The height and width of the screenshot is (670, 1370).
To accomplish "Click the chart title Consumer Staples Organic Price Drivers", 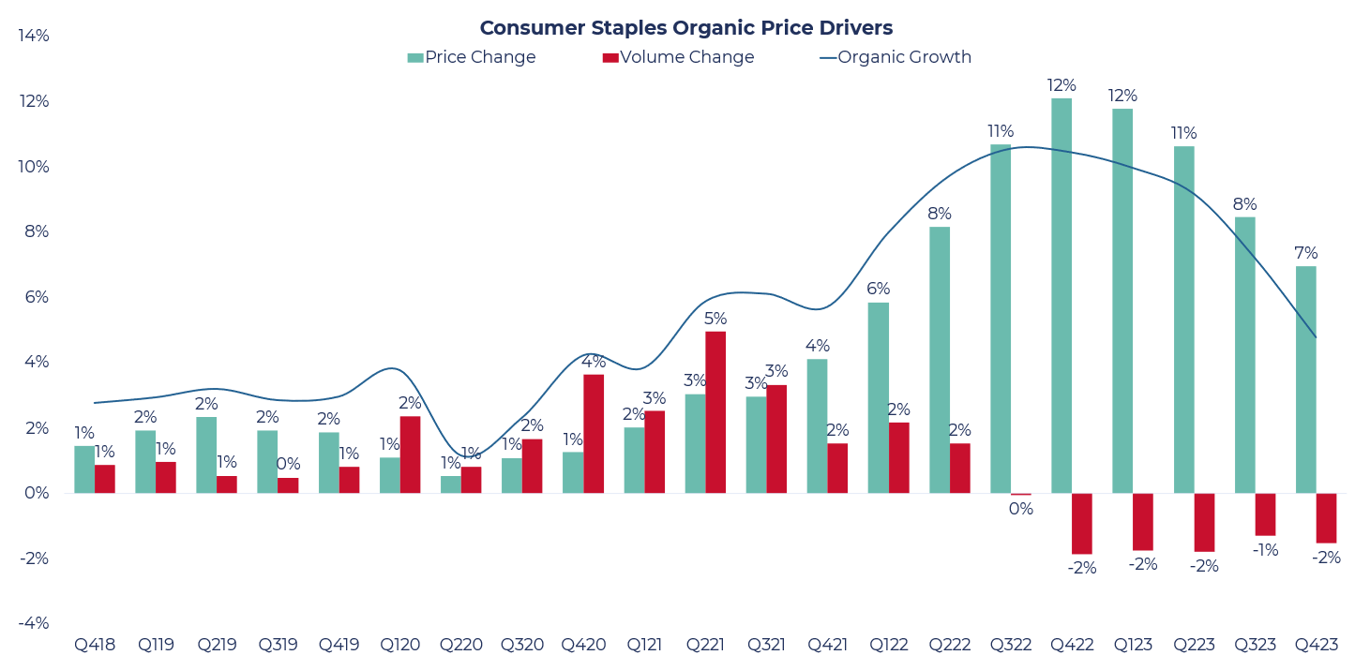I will click(x=685, y=28).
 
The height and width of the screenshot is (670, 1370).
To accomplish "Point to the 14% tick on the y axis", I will click(x=34, y=36).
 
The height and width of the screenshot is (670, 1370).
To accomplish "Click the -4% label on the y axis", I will click(x=34, y=623).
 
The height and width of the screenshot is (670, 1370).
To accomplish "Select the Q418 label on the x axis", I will click(x=95, y=645).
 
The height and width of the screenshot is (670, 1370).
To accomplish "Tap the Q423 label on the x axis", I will click(x=1316, y=645).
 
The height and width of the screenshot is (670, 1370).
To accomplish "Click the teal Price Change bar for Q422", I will click(x=1061, y=295).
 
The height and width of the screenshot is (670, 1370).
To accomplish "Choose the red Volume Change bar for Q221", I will click(x=715, y=412).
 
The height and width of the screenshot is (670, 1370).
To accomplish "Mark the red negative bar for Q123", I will click(x=1143, y=522).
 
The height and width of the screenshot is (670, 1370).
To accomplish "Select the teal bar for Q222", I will click(x=940, y=360).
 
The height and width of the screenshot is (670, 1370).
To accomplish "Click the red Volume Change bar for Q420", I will click(x=594, y=434).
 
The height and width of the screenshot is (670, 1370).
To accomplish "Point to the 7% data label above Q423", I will click(x=1305, y=253).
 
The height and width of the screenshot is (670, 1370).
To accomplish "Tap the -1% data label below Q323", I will click(x=1265, y=550).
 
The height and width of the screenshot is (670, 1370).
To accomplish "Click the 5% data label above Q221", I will click(x=715, y=319).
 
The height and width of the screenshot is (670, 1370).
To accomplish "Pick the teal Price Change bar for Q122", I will click(x=878, y=397).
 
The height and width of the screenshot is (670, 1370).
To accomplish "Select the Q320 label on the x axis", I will click(x=521, y=645).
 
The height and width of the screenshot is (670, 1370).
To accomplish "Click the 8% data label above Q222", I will click(x=940, y=214).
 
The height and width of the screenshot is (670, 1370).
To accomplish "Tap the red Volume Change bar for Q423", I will click(x=1326, y=518).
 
